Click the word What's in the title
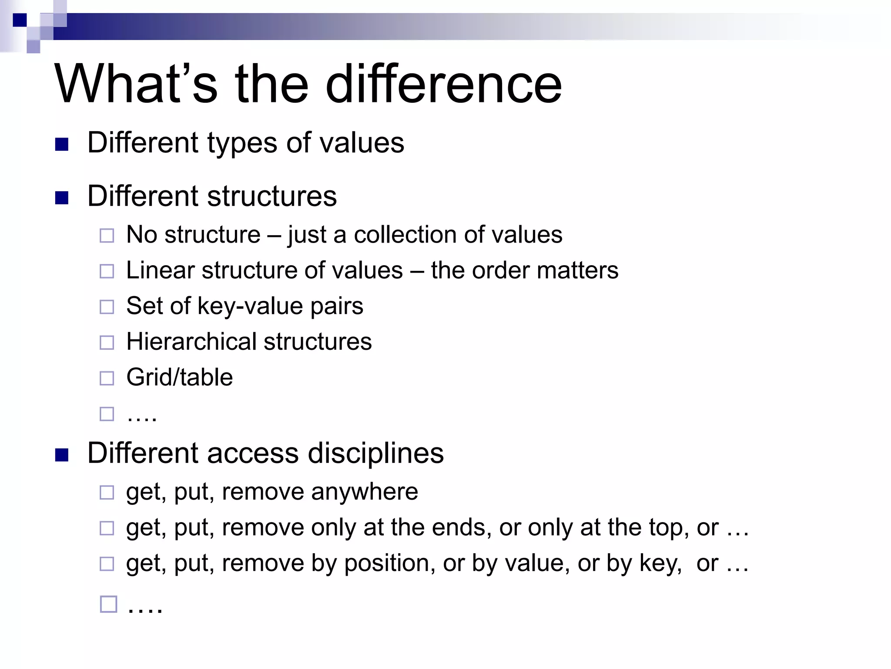[136, 84]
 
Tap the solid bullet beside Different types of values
[62, 145]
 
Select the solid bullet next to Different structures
[62, 198]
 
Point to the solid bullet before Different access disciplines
[62, 455]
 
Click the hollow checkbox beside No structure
[107, 236]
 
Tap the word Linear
[160, 270]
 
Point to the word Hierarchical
[191, 341]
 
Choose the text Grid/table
[179, 377]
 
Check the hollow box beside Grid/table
[107, 378]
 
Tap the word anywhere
[364, 492]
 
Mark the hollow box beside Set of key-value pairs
[107, 307]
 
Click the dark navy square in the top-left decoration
[20, 20]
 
